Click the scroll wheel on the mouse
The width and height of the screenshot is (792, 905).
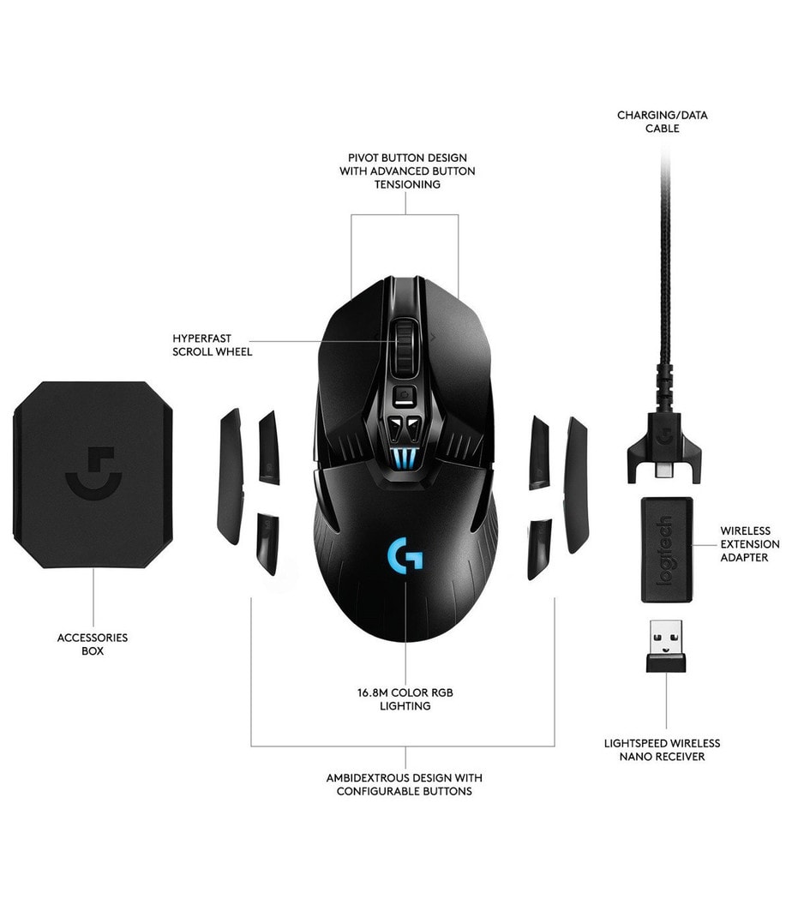tap(405, 348)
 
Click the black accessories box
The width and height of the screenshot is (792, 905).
tap(93, 475)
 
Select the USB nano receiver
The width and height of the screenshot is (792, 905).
tap(666, 646)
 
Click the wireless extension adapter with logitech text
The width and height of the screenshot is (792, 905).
tap(667, 548)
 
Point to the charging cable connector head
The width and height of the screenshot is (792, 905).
tap(664, 448)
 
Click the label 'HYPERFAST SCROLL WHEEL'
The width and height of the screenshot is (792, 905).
tap(213, 345)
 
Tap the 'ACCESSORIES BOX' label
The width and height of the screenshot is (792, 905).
tap(93, 644)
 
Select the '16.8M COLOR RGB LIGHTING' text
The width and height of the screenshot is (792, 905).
tap(405, 699)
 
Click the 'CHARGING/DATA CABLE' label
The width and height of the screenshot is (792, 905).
tap(662, 122)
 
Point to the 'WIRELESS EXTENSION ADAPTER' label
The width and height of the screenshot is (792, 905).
tap(749, 543)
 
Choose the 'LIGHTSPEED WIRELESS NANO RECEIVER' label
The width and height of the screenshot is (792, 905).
tap(662, 750)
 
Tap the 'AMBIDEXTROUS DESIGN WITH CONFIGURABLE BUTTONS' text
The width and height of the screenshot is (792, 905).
tap(405, 784)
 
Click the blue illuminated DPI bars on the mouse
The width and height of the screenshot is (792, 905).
tap(405, 458)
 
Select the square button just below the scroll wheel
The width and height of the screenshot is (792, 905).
tap(405, 397)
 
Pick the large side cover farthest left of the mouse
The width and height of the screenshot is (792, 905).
tap(230, 476)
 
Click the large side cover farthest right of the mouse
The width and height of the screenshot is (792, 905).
tap(575, 485)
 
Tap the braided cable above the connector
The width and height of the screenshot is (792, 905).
tap(666, 277)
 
